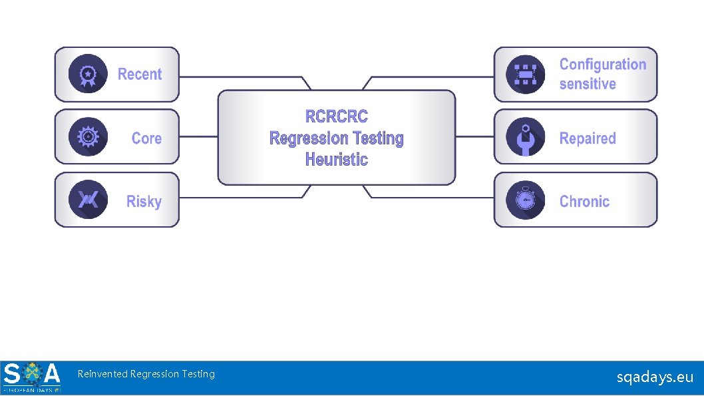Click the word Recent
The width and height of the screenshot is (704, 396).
pos(140,75)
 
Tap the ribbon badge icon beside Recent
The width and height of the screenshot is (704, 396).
pos(87,74)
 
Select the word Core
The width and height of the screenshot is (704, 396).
pos(146,138)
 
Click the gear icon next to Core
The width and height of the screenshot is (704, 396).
pos(87,137)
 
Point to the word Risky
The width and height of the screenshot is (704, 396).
pos(144,202)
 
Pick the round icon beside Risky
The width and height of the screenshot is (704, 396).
pos(87,200)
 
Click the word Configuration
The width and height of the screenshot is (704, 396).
pos(602,65)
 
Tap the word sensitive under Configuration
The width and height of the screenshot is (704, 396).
pos(587,85)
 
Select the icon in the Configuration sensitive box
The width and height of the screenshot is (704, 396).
pos(526,74)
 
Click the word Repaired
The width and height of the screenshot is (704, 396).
pos(588,138)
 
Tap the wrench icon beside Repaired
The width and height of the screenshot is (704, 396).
pos(526,137)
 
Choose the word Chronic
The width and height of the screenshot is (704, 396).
pos(584,202)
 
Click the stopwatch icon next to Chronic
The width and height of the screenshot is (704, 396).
pos(526,200)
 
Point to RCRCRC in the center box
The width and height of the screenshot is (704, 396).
pos(336,117)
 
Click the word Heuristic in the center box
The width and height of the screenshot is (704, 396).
pos(336,160)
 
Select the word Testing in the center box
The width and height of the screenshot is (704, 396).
pos(377,138)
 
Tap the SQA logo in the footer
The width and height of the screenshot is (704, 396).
pos(32,377)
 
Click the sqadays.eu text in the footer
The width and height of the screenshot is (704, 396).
pos(655,377)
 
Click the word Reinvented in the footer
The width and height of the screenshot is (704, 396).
pos(102,374)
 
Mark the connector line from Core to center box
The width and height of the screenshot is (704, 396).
pos(198,137)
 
